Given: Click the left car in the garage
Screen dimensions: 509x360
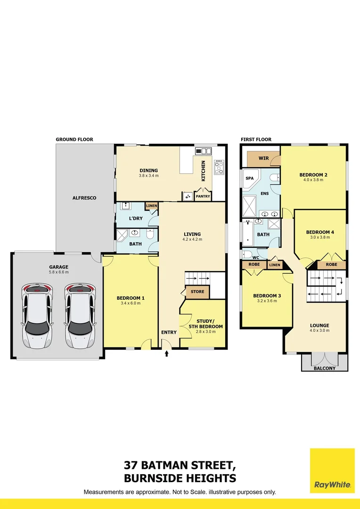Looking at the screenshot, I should [x=36, y=316].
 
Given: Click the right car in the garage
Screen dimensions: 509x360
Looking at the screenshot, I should [x=80, y=316].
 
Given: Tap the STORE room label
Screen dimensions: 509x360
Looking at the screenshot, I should [x=197, y=292].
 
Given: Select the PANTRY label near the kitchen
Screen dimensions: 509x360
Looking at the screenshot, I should [x=203, y=196].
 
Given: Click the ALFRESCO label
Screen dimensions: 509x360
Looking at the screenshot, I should [x=84, y=198].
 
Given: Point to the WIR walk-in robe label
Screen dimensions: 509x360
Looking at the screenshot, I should [x=264, y=158].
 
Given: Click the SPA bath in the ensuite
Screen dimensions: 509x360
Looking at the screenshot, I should [x=249, y=179].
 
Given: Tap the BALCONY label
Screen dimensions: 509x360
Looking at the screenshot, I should [x=324, y=368].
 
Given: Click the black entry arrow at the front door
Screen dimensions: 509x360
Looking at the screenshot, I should [x=166, y=353].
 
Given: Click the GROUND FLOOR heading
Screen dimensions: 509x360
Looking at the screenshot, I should [x=74, y=140].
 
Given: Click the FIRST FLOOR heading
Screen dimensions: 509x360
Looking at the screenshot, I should [x=256, y=140].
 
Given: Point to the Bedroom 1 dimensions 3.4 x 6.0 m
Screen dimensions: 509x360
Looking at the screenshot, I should [x=131, y=303].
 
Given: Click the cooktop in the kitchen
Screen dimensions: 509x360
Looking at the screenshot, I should [x=219, y=167].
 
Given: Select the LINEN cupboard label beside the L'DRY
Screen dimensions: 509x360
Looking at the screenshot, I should [x=151, y=206].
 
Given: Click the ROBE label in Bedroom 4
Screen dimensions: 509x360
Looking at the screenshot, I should [x=331, y=265].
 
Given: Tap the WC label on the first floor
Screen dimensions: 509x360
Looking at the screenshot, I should [x=255, y=258].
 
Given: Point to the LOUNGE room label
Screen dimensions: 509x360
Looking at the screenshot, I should [x=319, y=325].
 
